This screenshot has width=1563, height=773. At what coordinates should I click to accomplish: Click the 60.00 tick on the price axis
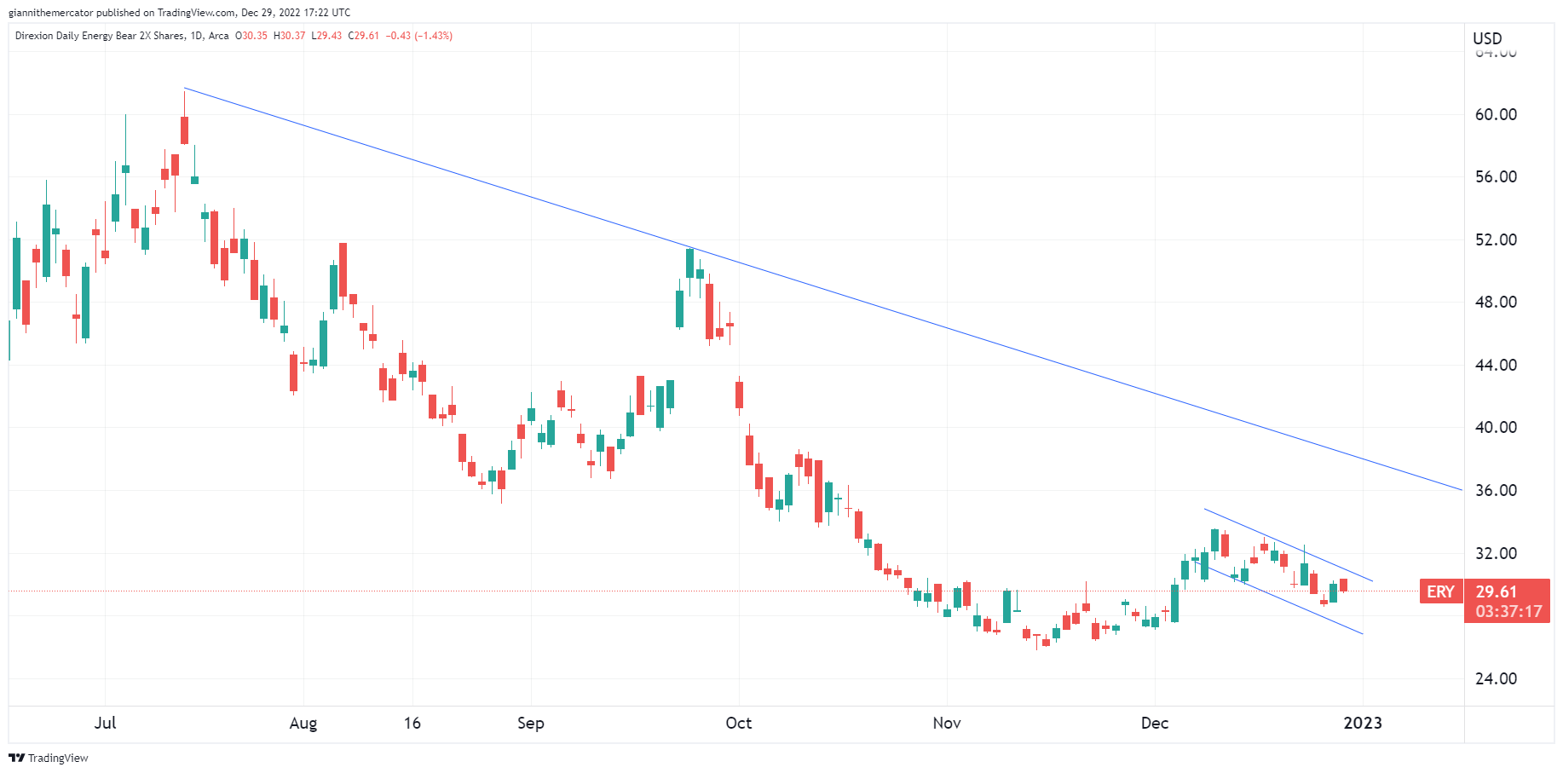click(1496, 114)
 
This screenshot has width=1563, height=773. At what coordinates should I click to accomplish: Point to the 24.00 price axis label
click(1496, 678)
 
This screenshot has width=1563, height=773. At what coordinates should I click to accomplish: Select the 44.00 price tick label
click(1496, 365)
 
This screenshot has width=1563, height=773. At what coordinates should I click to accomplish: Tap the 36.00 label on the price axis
click(1496, 490)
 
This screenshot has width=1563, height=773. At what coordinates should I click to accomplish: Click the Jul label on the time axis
click(105, 723)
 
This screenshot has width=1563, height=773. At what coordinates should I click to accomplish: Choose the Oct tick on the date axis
click(738, 723)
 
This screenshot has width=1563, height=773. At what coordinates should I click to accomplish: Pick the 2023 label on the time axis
click(1362, 723)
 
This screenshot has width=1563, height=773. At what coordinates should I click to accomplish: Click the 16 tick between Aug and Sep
click(412, 723)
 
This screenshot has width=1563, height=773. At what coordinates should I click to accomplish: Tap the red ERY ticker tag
click(1440, 591)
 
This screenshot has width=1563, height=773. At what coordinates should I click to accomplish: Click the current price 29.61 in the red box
click(1497, 591)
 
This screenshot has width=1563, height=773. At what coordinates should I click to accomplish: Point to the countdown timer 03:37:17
click(1508, 611)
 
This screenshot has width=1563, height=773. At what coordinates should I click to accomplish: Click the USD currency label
click(1487, 38)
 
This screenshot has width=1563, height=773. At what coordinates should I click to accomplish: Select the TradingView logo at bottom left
click(49, 758)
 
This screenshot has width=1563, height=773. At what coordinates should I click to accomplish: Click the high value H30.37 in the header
click(289, 36)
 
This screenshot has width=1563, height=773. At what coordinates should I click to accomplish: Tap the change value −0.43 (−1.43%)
click(418, 36)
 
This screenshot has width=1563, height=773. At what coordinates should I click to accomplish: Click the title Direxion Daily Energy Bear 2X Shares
click(99, 36)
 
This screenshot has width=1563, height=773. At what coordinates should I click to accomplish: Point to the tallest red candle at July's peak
click(184, 130)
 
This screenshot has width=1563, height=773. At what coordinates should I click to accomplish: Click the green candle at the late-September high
click(689, 262)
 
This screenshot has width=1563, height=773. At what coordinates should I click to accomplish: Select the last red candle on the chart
click(1343, 585)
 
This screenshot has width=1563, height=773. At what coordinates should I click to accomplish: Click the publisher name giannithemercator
click(50, 13)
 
